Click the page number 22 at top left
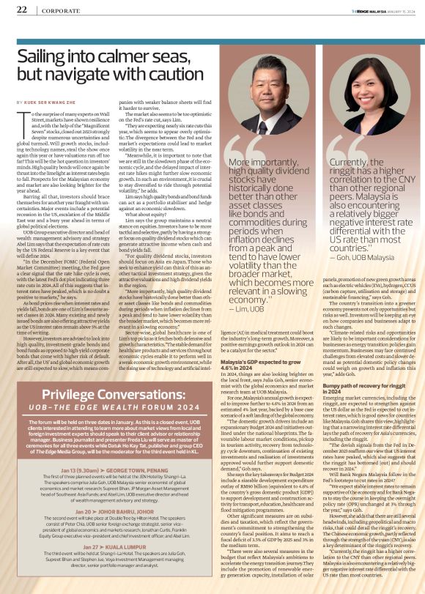click(21, 10)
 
